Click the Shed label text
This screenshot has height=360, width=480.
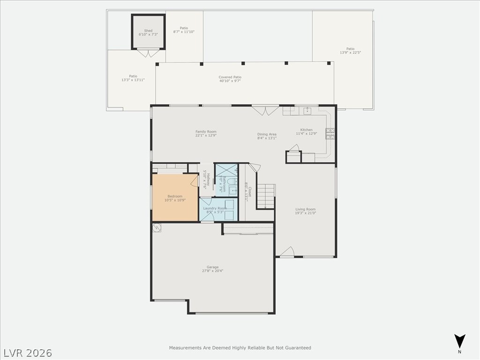tap(148, 31)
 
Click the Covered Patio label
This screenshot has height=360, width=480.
tap(230, 77)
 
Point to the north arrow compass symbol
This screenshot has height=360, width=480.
tap(460, 341)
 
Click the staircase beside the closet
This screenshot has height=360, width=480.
tap(265, 196)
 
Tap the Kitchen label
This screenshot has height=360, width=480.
tap(306, 130)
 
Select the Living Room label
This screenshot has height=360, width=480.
tap(305, 210)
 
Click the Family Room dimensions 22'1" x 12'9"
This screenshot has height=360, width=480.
tap(206, 136)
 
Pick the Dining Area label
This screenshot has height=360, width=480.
tap(267, 135)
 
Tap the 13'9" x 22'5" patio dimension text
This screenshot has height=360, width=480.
tap(350, 52)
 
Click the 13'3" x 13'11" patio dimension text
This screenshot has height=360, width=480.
tap(133, 80)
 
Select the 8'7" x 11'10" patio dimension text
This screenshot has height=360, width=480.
tap(184, 32)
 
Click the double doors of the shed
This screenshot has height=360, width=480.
tap(149, 53)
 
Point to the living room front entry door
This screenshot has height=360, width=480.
tap(287, 252)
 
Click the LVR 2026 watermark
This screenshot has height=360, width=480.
tap(28, 352)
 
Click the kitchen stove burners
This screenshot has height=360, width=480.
tap(330, 134)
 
